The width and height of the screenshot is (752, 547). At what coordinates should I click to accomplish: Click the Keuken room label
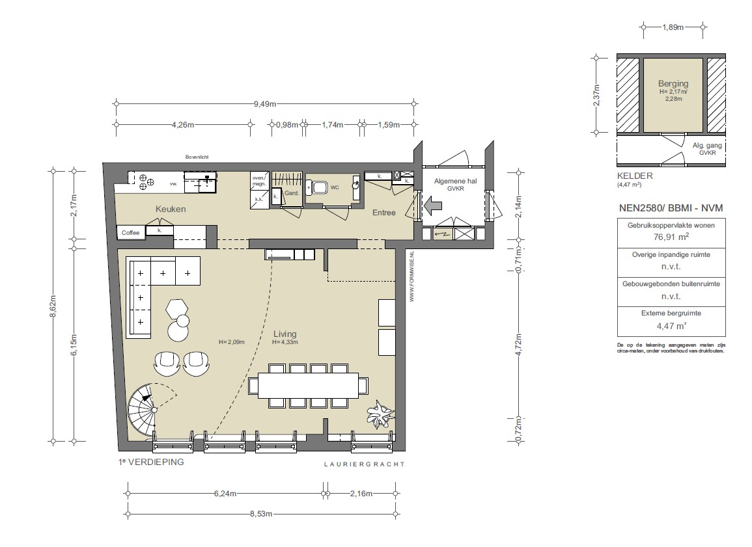(171, 209)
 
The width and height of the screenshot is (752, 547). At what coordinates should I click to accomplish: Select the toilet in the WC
(318, 187)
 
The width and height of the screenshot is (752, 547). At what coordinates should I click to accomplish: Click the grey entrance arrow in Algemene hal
(432, 206)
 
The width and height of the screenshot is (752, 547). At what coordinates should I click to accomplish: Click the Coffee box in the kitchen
(131, 232)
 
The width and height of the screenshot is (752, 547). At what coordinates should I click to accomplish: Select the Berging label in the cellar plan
(673, 84)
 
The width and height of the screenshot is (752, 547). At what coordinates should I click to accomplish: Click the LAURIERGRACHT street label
(364, 464)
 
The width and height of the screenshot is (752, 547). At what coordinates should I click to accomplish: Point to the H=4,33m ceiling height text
(285, 342)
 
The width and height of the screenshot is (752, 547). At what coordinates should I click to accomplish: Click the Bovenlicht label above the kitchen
(197, 157)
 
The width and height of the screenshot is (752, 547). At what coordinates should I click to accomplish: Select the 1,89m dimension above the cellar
(673, 27)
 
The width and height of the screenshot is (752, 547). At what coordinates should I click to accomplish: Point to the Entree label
(383, 213)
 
